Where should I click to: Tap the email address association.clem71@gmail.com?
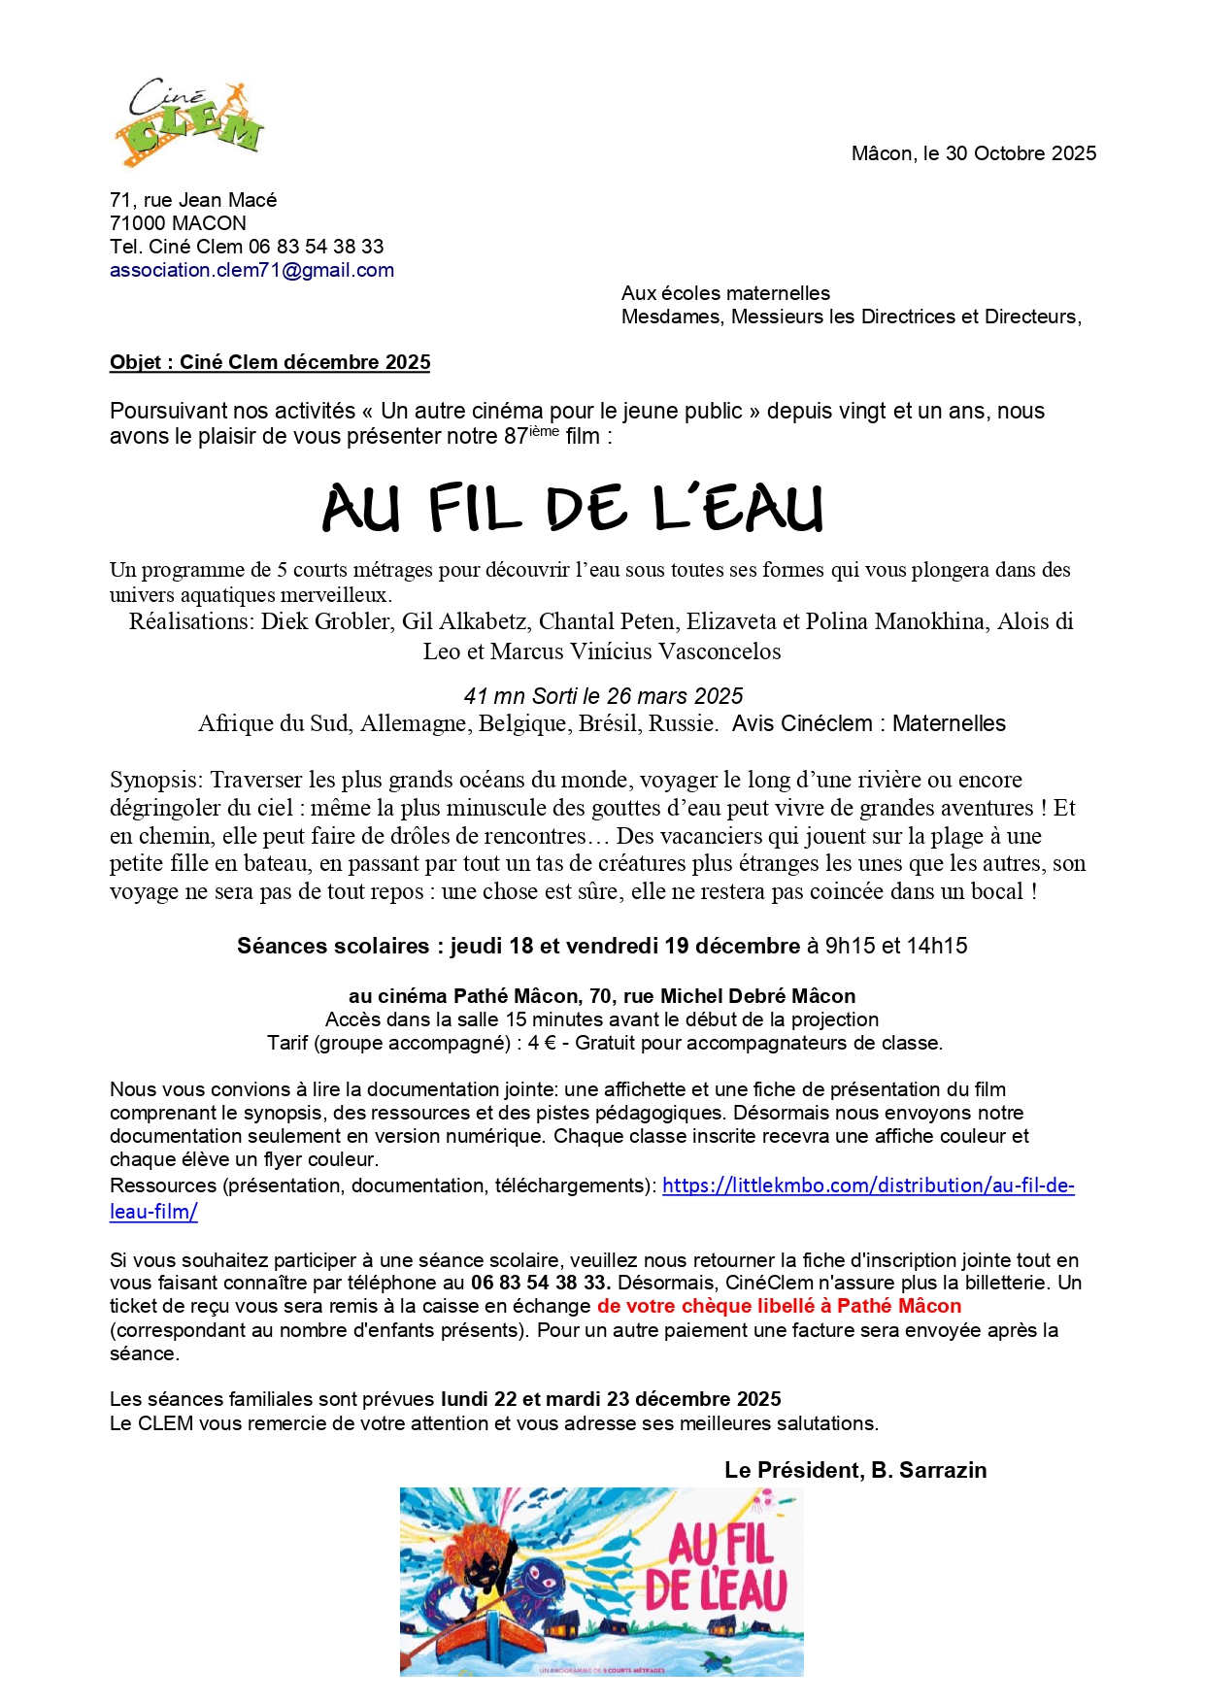251,270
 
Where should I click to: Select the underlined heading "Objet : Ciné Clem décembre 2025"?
270,362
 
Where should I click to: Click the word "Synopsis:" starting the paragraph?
156,780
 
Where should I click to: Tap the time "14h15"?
938,946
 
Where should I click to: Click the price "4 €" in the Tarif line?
540,1043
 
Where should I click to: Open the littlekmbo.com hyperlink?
867,1185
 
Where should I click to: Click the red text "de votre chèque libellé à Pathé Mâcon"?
779,1306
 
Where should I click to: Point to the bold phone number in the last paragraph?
540,1283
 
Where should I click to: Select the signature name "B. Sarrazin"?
928,1470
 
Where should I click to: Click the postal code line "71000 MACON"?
178,223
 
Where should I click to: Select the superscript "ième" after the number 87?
545,431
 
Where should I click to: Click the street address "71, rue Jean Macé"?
193,200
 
